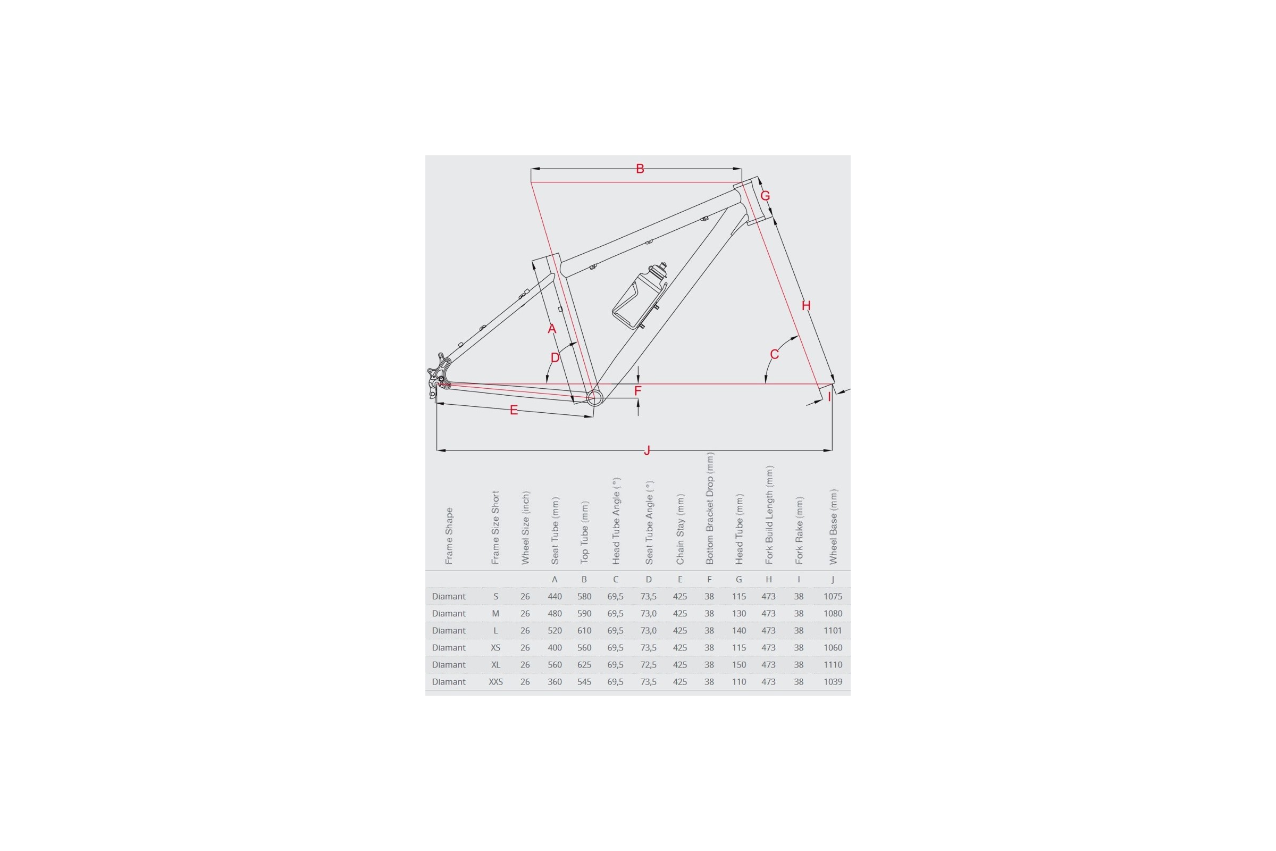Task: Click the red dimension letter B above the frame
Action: pos(640,169)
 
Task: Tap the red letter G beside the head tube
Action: pos(766,196)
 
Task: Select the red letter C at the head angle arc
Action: pos(775,354)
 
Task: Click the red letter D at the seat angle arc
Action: pos(555,357)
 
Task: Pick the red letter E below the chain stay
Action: pos(514,410)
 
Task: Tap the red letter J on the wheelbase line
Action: pos(647,450)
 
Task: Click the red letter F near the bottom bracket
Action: pos(638,391)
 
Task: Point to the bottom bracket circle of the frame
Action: pos(594,398)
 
